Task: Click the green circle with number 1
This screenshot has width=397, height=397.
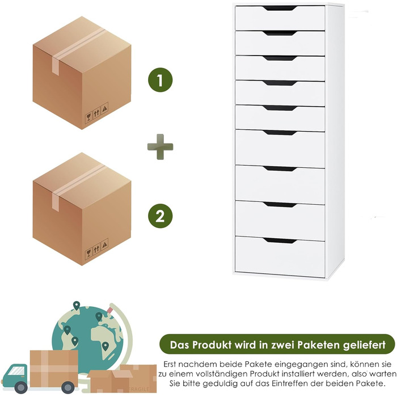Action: [160, 80]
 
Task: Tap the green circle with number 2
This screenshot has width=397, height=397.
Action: [160, 216]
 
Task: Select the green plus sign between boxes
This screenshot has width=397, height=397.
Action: [161, 147]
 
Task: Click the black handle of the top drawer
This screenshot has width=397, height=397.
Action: [280, 9]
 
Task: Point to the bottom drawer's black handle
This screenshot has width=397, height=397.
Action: [280, 241]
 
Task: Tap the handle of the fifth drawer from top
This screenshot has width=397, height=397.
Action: [280, 108]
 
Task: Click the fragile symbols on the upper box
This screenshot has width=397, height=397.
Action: [96, 113]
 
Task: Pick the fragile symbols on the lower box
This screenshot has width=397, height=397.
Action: [96, 249]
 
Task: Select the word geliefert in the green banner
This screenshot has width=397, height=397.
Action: [364, 345]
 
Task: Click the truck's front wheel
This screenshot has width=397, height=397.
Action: [21, 387]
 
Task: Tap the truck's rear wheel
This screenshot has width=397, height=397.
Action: [68, 387]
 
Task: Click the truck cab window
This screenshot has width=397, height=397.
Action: [16, 371]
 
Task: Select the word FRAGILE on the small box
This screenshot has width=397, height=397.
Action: [139, 388]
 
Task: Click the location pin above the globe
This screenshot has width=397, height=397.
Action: [77, 306]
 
